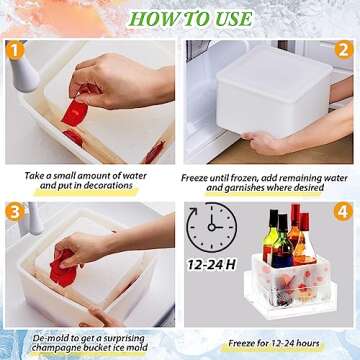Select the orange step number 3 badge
[x=16, y=211]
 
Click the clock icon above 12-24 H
[x=213, y=230]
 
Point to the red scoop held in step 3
[x=63, y=268]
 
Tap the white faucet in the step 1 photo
[x=26, y=75]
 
